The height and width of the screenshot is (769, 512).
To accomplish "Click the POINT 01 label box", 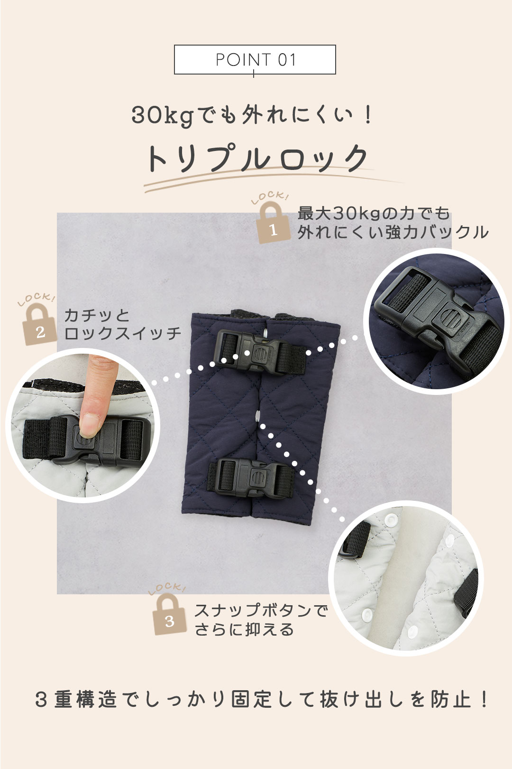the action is [x=255, y=59].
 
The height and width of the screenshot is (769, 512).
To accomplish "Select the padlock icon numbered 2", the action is [x=39, y=324].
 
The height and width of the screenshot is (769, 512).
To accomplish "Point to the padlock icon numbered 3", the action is [x=170, y=615].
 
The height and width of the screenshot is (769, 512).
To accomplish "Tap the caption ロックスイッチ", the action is [x=122, y=333].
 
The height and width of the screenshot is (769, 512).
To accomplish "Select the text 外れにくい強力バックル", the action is [x=393, y=232].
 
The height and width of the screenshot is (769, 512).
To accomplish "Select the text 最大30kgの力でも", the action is [x=374, y=213].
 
